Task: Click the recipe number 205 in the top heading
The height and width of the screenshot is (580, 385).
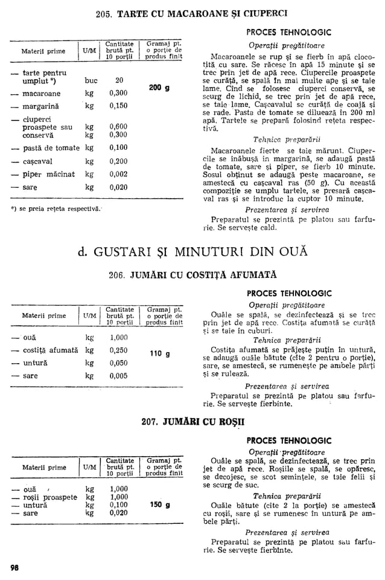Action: [105, 13]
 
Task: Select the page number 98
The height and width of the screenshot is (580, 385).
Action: [14, 567]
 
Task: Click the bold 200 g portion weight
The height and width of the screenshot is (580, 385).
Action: [159, 88]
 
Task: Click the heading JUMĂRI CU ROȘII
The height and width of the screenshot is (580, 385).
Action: [193, 420]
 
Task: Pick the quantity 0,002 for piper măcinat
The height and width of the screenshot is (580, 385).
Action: [118, 175]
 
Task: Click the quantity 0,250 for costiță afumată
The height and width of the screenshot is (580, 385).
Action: [118, 350]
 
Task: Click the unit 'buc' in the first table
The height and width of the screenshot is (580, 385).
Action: [91, 80]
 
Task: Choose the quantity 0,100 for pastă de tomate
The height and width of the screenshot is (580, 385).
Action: [118, 147]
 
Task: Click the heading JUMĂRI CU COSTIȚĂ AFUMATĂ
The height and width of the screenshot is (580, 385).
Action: [193, 275]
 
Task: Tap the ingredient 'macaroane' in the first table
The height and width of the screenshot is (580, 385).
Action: [41, 94]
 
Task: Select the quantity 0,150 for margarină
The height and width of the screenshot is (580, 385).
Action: [118, 106]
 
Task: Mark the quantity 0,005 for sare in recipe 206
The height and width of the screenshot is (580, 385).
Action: [118, 375]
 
